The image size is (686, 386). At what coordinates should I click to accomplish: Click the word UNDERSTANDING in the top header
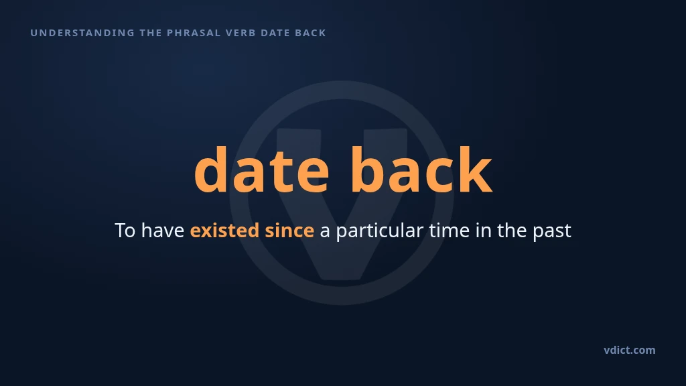coord(82,33)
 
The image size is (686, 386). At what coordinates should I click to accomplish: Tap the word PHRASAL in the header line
coord(194,33)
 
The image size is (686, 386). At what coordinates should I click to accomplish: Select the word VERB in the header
coord(241,33)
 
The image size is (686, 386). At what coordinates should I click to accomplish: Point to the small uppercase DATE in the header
coord(275,33)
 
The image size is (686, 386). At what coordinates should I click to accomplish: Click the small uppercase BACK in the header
coord(311,33)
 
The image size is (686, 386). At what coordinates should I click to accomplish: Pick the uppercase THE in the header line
coord(151,33)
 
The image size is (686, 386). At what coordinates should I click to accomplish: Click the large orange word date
coord(262,170)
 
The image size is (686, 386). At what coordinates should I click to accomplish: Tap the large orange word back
coord(422,170)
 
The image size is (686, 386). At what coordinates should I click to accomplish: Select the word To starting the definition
coord(125,231)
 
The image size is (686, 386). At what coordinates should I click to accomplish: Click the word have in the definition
coord(163,231)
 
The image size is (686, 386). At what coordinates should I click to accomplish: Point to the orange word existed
coord(224,231)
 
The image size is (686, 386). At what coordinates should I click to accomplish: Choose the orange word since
coord(289,231)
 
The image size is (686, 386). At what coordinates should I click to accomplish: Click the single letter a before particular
coord(325,231)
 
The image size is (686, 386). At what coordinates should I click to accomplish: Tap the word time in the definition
coord(450,231)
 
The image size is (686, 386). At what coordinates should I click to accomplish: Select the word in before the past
coord(484,231)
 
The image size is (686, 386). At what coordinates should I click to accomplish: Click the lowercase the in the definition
coord(512,231)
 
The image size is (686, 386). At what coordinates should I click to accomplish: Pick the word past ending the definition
coord(552,231)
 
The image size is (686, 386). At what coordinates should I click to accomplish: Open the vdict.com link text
coord(630,350)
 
